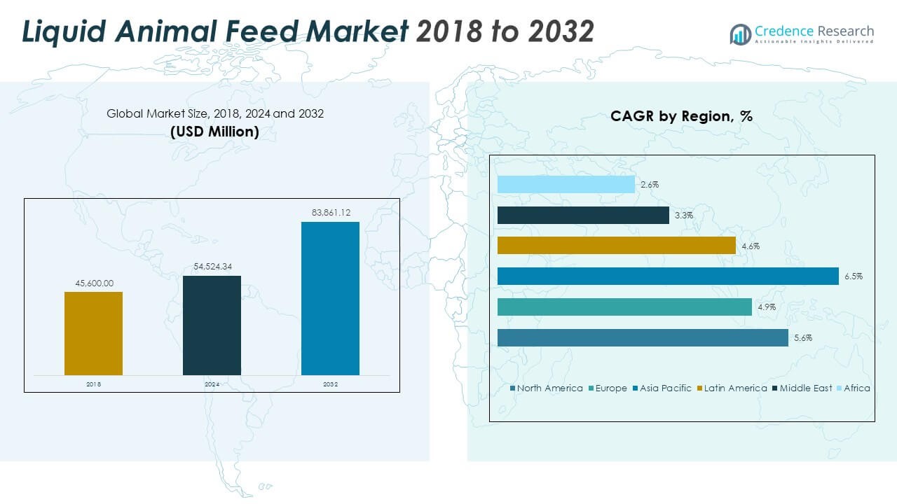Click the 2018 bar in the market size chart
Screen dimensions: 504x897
pyautogui.click(x=93, y=333)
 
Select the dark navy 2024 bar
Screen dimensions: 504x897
pyautogui.click(x=212, y=325)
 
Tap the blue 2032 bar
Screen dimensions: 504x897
pyautogui.click(x=330, y=298)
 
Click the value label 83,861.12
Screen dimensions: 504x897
pyautogui.click(x=330, y=211)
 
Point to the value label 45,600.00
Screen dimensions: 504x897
pyautogui.click(x=93, y=283)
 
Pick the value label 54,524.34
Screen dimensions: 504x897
pyautogui.click(x=212, y=267)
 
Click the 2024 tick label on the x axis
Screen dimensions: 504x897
pyautogui.click(x=212, y=384)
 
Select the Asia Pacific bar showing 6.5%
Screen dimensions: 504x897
pyautogui.click(x=668, y=276)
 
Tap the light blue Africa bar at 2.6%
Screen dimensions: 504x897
pyautogui.click(x=566, y=185)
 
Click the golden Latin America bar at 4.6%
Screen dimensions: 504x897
pyautogui.click(x=617, y=246)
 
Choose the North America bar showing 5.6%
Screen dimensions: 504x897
pyautogui.click(x=643, y=337)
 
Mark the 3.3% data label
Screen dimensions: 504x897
pyautogui.click(x=683, y=216)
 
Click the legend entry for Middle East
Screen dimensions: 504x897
pyautogui.click(x=805, y=388)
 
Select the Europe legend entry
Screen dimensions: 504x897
pyautogui.click(x=610, y=388)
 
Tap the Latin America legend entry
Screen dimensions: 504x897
pyautogui.click(x=734, y=388)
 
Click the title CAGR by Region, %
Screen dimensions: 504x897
pyautogui.click(x=681, y=116)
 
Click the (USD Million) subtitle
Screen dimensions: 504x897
pyautogui.click(x=214, y=131)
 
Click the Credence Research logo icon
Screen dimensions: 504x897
pyautogui.click(x=740, y=34)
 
